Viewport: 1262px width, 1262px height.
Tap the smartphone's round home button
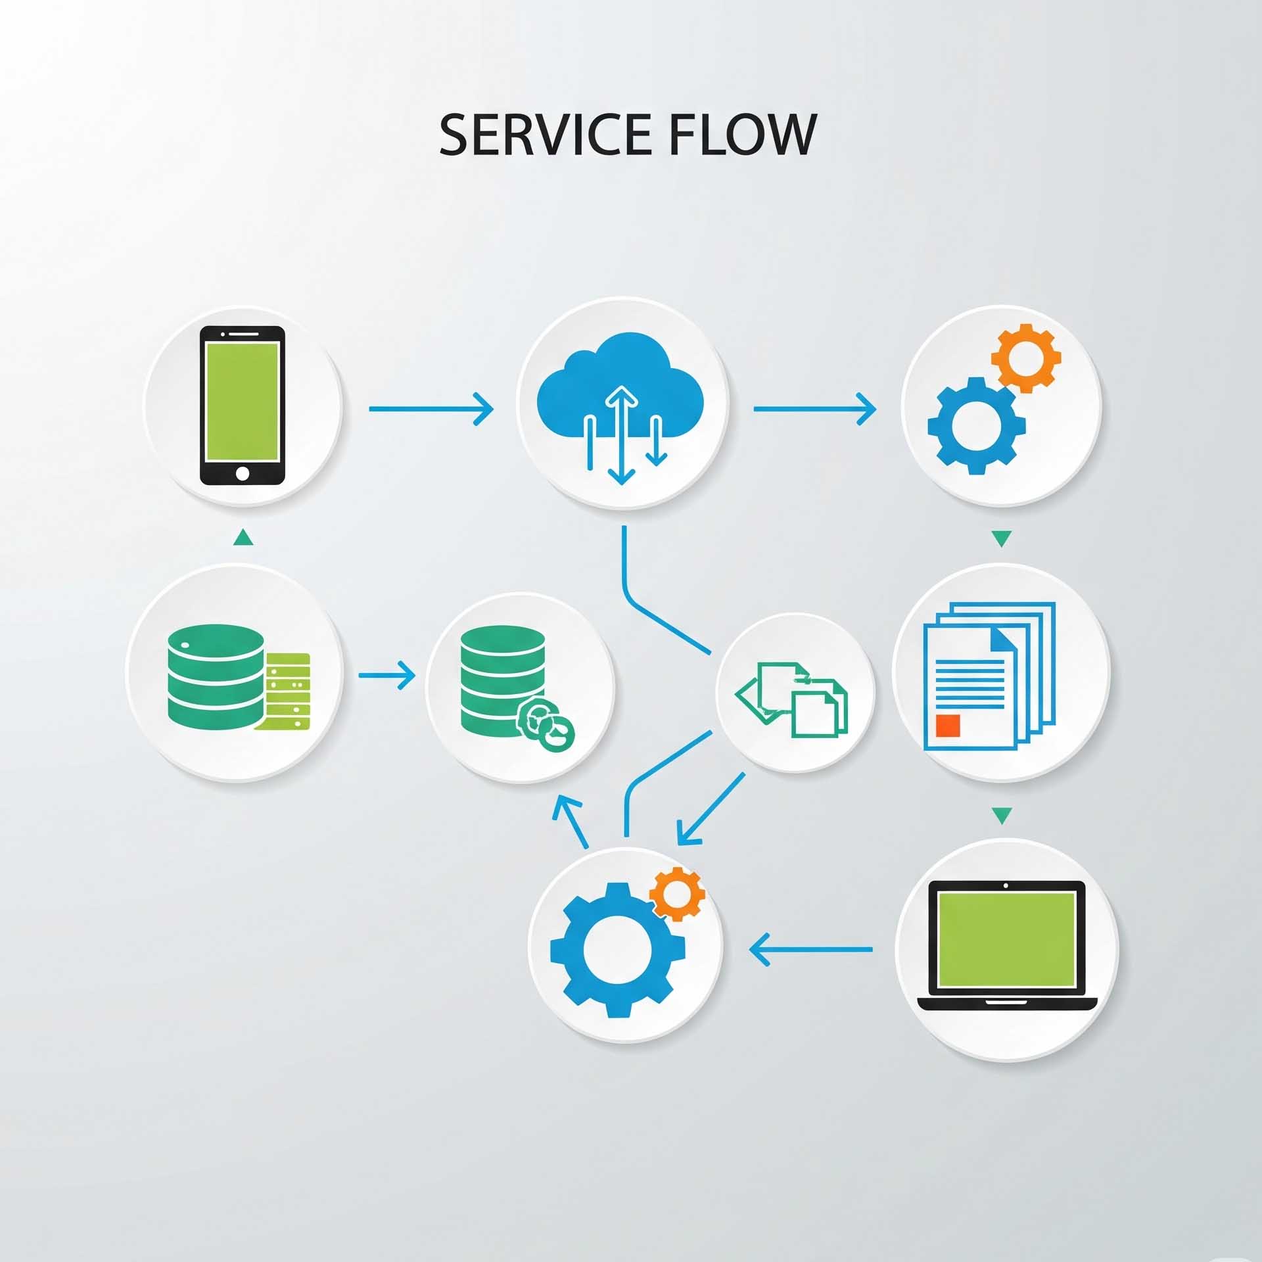point(243,473)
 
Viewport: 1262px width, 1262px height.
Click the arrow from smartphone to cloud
point(431,409)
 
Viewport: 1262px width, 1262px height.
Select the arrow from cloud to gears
point(814,409)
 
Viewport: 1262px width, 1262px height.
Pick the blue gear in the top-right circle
point(976,425)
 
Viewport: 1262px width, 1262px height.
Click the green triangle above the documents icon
point(1001,539)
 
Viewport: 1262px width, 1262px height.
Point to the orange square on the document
point(948,725)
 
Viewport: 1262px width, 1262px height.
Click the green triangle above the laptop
point(1001,816)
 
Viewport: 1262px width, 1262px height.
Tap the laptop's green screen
point(1006,939)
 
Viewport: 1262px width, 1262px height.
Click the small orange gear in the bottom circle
point(677,893)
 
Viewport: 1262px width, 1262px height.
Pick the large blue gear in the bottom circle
point(617,949)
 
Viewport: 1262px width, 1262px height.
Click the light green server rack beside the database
point(287,690)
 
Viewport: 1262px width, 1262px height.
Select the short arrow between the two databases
point(386,675)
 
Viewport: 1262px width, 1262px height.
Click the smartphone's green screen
point(243,401)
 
